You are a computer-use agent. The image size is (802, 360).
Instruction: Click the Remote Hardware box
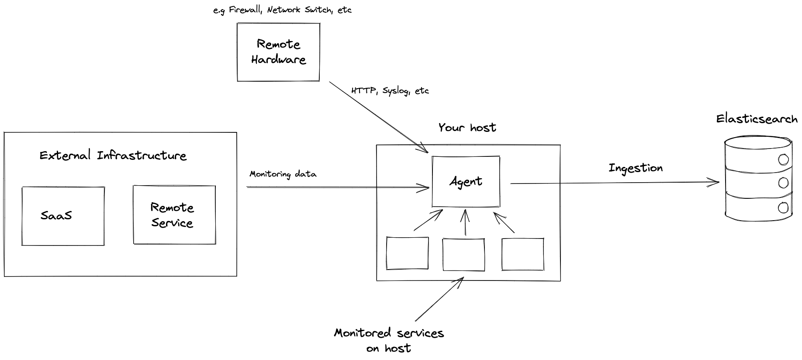pyautogui.click(x=278, y=52)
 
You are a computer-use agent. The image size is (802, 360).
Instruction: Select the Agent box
pyautogui.click(x=466, y=181)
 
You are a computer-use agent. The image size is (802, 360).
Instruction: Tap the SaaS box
pyautogui.click(x=63, y=216)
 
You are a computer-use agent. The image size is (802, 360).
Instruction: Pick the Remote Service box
pyautogui.click(x=174, y=215)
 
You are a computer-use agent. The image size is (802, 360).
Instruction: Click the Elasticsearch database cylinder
pyautogui.click(x=758, y=179)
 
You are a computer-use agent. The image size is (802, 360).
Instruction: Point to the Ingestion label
pyautogui.click(x=636, y=168)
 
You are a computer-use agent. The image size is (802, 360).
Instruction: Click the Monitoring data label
pyautogui.click(x=283, y=174)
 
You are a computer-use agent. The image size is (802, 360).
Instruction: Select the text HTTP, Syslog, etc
pyautogui.click(x=390, y=91)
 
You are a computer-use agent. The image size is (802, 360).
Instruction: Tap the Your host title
pyautogui.click(x=467, y=128)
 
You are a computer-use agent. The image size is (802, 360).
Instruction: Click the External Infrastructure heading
pyautogui.click(x=113, y=156)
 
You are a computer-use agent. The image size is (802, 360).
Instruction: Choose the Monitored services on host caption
pyautogui.click(x=389, y=340)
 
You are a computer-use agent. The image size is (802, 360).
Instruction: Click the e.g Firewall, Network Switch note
pyautogui.click(x=282, y=10)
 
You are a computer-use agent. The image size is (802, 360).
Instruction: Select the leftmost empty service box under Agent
pyautogui.click(x=407, y=253)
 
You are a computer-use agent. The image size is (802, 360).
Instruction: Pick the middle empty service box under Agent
pyautogui.click(x=463, y=254)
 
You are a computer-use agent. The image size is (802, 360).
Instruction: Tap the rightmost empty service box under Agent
pyautogui.click(x=522, y=254)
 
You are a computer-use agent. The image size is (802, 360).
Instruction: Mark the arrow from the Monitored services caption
pyautogui.click(x=439, y=299)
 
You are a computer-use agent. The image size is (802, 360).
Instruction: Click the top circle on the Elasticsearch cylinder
pyautogui.click(x=783, y=159)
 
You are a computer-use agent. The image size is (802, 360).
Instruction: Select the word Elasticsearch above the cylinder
pyautogui.click(x=757, y=119)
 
